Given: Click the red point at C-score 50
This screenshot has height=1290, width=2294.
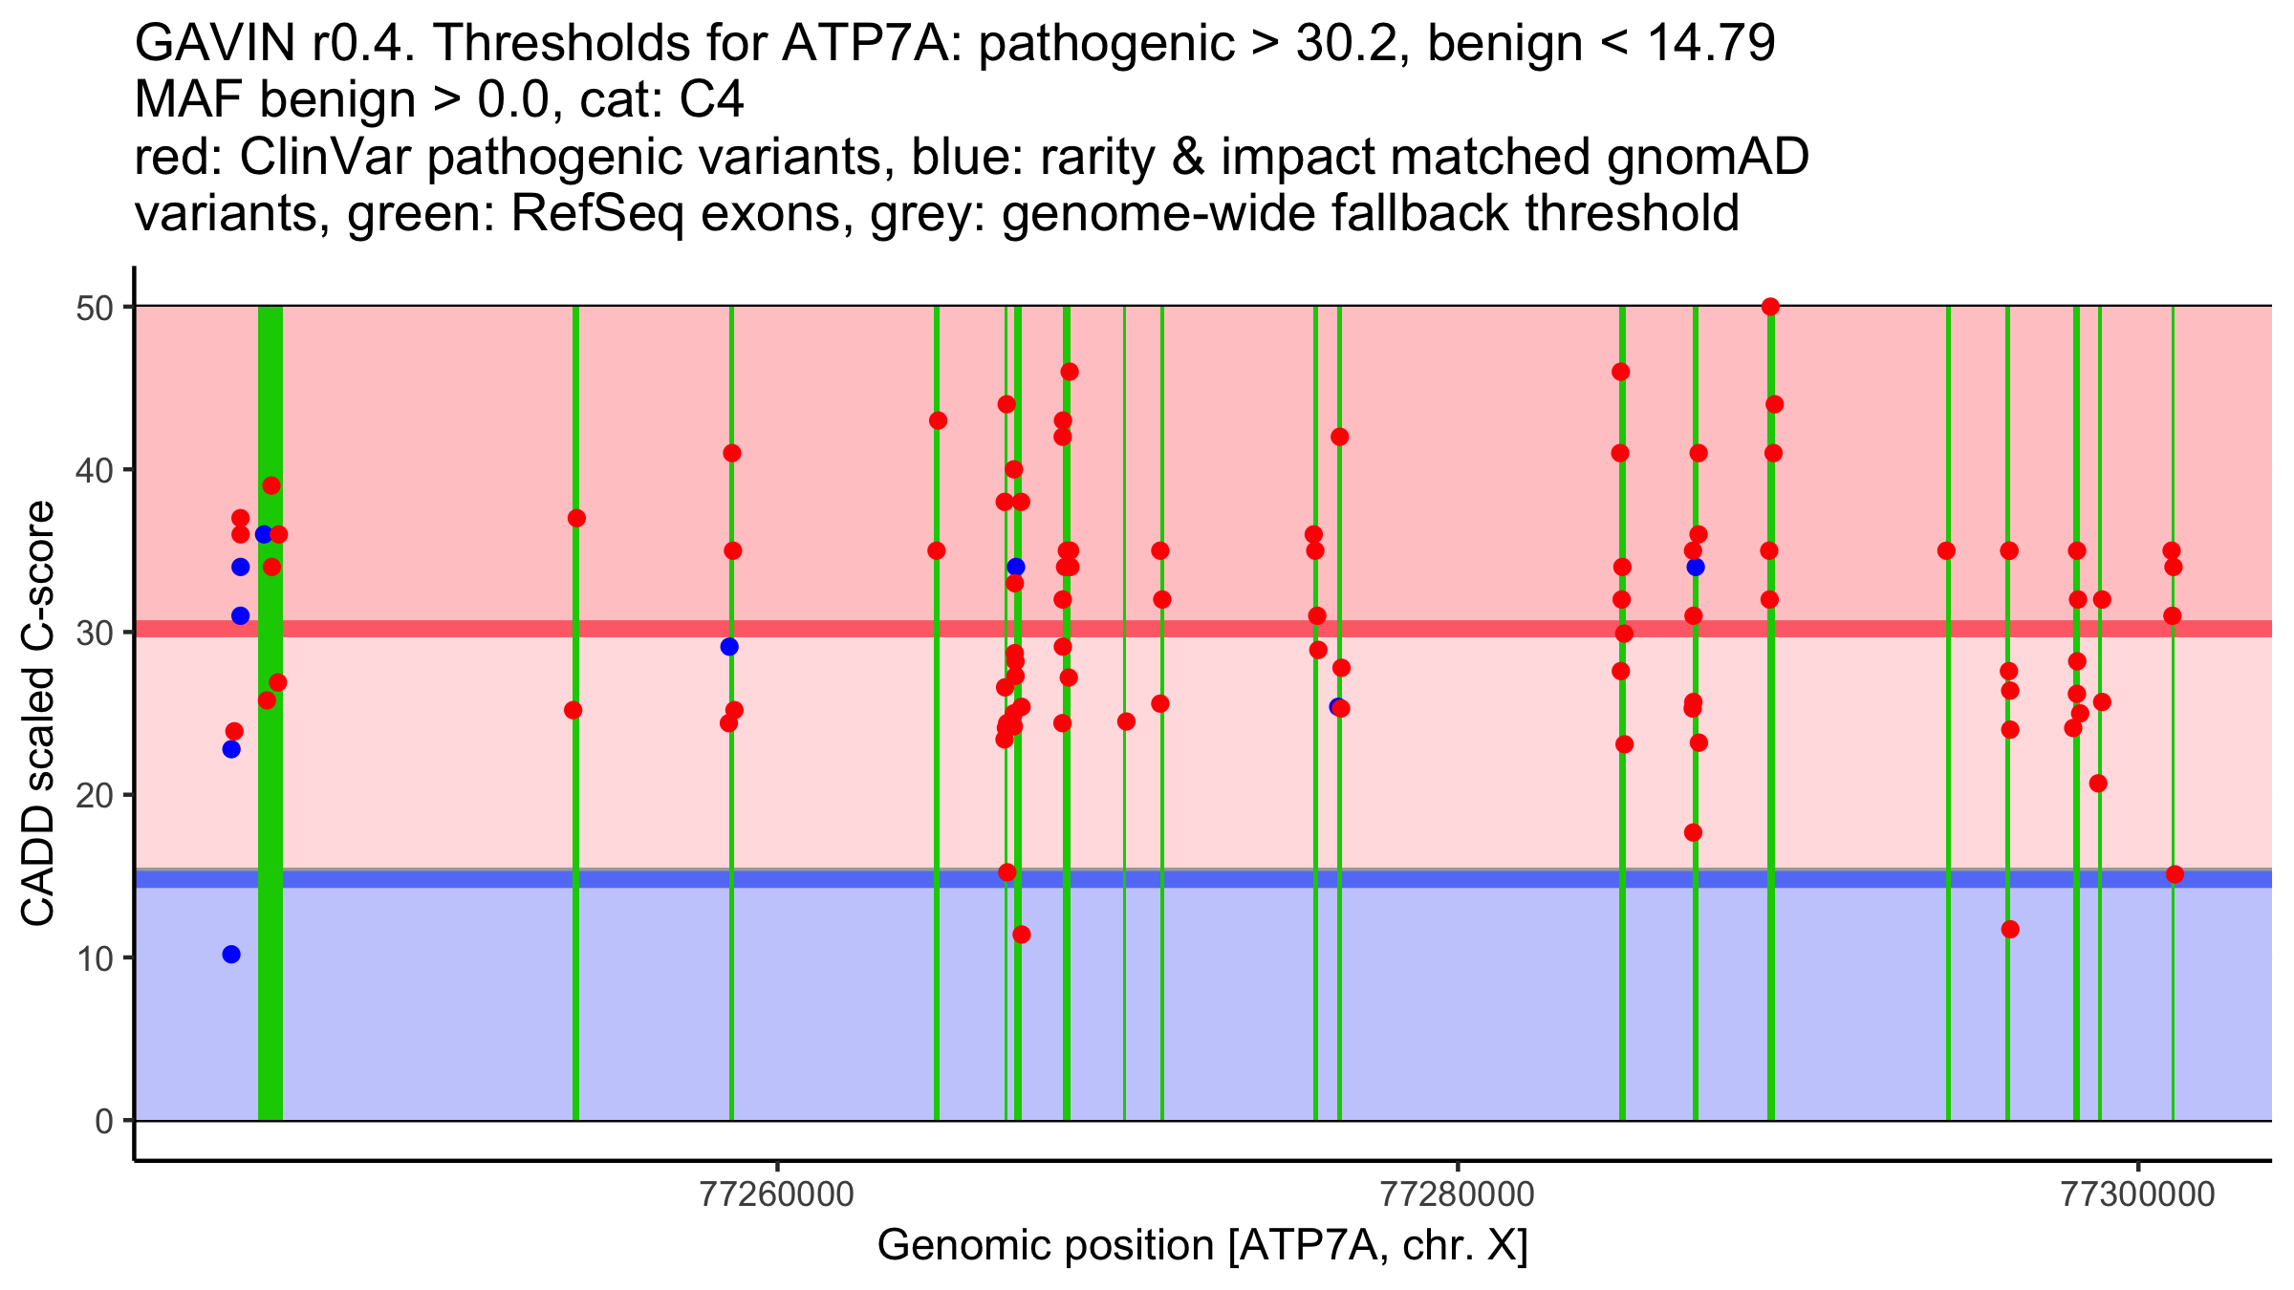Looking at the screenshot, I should click(x=1770, y=307).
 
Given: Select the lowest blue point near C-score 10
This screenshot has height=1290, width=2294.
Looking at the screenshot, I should click(x=231, y=955).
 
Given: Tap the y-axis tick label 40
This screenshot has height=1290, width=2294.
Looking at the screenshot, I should click(x=94, y=470).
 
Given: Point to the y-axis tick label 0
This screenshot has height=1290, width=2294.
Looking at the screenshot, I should click(x=103, y=1121).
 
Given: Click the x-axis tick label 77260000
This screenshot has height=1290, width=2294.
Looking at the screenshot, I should click(x=777, y=1195).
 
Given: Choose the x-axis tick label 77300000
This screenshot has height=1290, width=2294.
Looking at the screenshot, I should click(x=2137, y=1195).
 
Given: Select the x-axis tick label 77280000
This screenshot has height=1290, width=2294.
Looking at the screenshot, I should click(x=1458, y=1195).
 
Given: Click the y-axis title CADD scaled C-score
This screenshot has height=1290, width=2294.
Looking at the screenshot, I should click(x=38, y=714).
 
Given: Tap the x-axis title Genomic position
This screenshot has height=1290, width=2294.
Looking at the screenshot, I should click(x=1202, y=1246).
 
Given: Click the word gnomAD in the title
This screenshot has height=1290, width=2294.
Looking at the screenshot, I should click(x=1707, y=157).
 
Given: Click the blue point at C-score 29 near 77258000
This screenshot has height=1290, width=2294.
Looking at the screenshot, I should click(x=729, y=647).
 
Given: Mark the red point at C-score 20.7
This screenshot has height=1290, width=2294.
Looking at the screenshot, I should click(x=2098, y=784).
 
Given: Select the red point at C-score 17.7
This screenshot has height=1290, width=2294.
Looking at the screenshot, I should click(x=1693, y=832).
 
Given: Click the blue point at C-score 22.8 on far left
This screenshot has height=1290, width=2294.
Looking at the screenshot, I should click(x=231, y=749).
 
